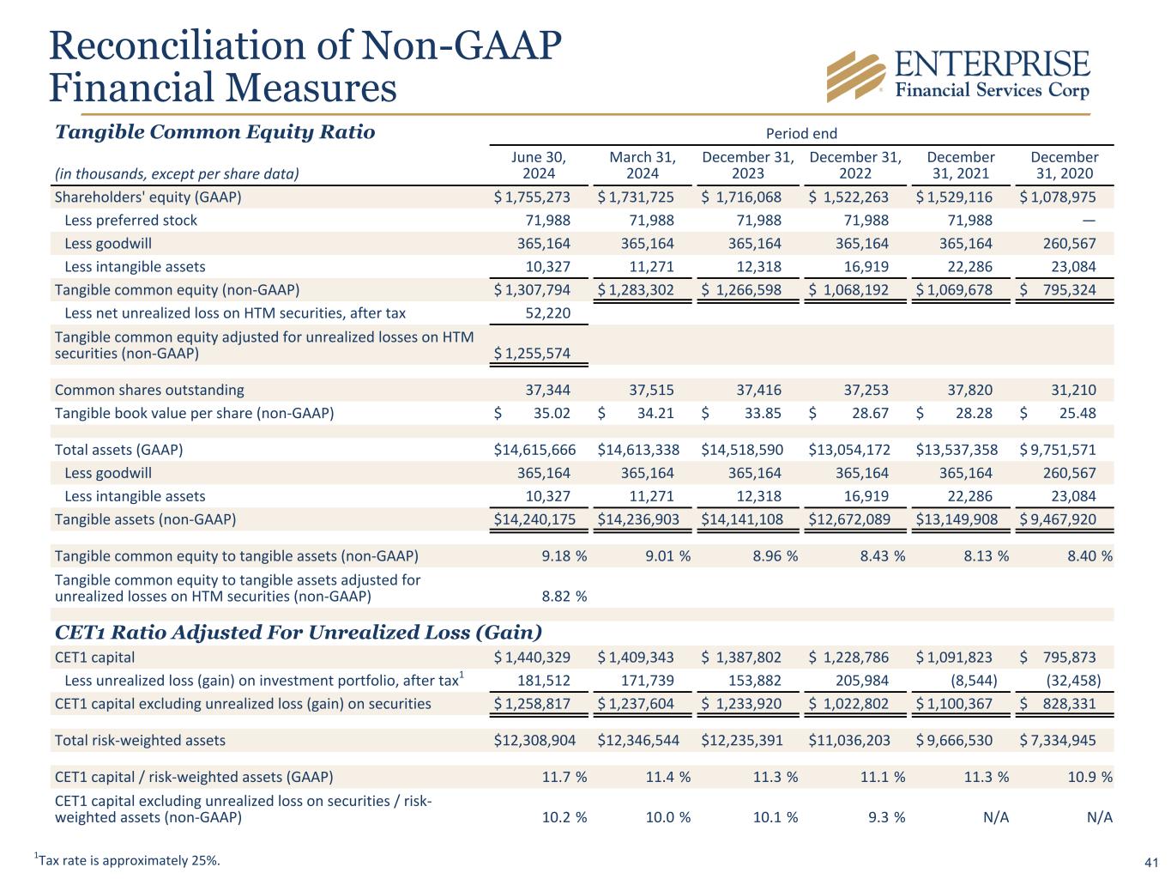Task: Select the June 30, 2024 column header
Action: [539, 166]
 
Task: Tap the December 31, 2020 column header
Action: [1064, 166]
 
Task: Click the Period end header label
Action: [800, 133]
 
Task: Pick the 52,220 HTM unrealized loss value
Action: [547, 313]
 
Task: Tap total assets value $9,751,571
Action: [1058, 450]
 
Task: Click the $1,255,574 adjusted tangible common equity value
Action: [533, 354]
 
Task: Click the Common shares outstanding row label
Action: [149, 390]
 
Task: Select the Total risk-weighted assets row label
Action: [140, 740]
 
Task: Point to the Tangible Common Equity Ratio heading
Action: [214, 132]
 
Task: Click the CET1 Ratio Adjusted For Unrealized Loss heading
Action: [298, 633]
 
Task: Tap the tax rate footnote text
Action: [127, 860]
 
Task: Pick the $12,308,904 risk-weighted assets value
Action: [534, 740]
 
